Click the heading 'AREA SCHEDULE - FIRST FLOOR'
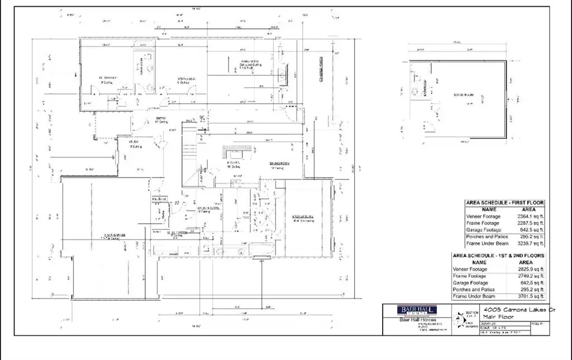click(x=504, y=203)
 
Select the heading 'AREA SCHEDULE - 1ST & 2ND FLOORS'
click(x=498, y=256)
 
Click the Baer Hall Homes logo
click(x=417, y=311)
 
